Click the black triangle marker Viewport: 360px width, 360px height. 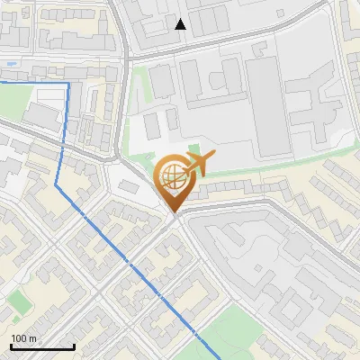[181, 24]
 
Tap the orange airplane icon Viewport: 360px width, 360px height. [199, 163]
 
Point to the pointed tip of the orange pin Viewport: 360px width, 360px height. [173, 212]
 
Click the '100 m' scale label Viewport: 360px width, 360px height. [24, 338]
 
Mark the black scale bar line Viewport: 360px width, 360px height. [42, 347]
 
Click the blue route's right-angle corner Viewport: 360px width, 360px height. [68, 83]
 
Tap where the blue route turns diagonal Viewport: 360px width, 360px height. [57, 185]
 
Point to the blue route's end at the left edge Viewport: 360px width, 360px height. [2, 81]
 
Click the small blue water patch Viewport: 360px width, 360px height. [8, 65]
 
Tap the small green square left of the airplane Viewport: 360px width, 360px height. [193, 148]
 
